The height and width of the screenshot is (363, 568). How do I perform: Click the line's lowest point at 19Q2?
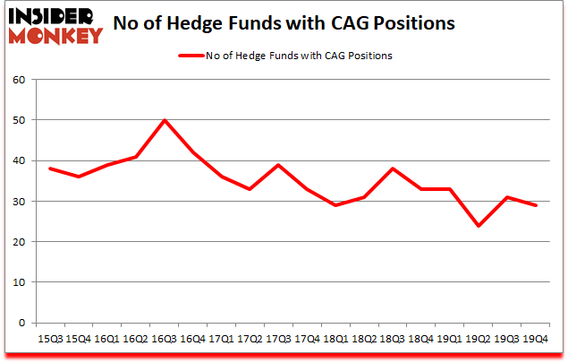pyautogui.click(x=478, y=225)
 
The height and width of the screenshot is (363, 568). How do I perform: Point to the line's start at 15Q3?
pyautogui.click(x=49, y=169)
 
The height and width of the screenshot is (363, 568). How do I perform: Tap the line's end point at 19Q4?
pyautogui.click(x=536, y=205)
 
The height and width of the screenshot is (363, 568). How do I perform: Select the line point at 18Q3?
pyautogui.click(x=392, y=169)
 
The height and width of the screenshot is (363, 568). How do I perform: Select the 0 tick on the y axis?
pyautogui.click(x=21, y=323)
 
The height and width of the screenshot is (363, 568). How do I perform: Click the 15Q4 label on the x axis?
pyautogui.click(x=78, y=340)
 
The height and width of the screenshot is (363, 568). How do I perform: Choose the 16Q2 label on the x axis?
pyautogui.click(x=136, y=340)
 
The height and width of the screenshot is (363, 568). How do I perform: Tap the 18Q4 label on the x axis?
pyautogui.click(x=420, y=340)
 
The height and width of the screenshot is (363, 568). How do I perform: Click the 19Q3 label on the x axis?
pyautogui.click(x=507, y=340)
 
